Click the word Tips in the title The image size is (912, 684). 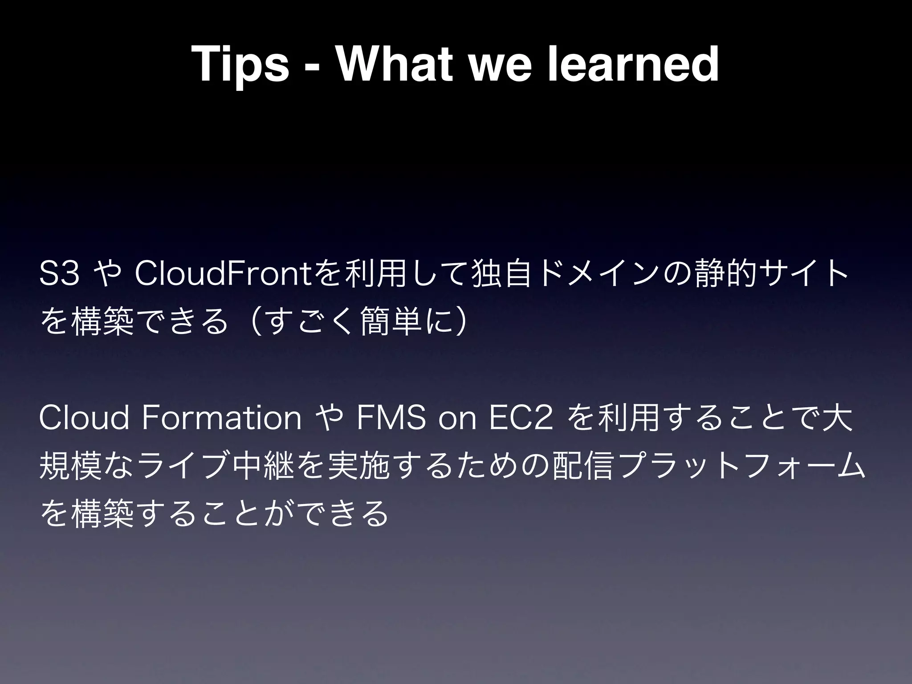click(240, 65)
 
